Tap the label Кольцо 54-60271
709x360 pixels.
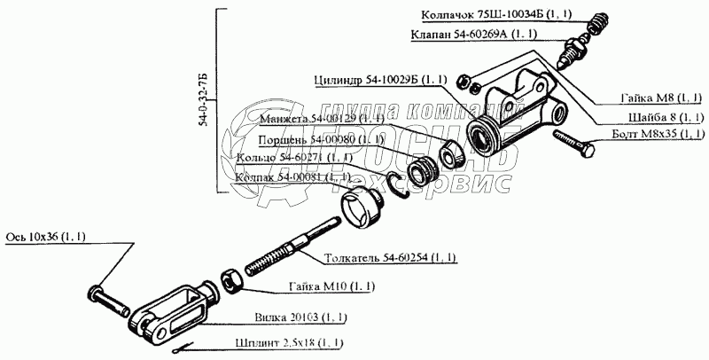click(x=289, y=159)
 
